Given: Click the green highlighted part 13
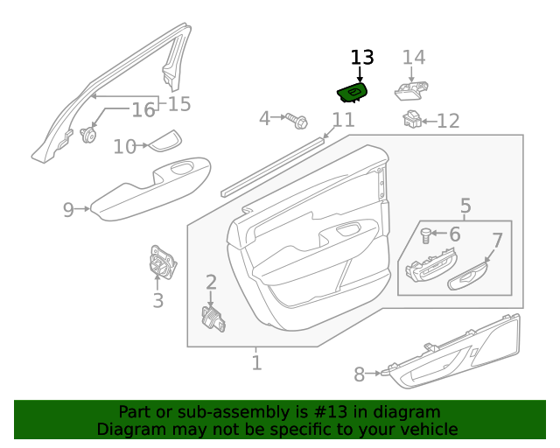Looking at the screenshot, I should (352, 92).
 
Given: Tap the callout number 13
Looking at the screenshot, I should (362, 58).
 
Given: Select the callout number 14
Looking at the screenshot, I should (414, 58).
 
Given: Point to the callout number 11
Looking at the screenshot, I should (343, 120).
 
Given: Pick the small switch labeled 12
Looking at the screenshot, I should (409, 118).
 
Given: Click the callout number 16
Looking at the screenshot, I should (143, 110).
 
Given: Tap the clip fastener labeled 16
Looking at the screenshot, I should (87, 135).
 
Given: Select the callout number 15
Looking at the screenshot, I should (178, 105).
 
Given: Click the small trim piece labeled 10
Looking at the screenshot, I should (164, 142).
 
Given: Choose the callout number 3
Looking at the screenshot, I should (157, 302).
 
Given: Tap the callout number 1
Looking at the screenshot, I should (256, 362).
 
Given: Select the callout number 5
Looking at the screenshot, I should (465, 206).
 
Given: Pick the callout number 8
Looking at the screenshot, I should (360, 375).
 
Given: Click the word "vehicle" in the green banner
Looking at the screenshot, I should (425, 429).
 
